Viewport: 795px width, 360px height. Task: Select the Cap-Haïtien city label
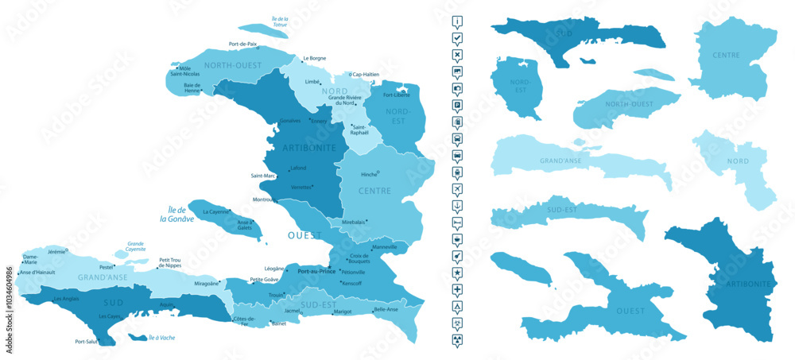click(368, 75)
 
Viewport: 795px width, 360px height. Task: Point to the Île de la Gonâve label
click(172, 214)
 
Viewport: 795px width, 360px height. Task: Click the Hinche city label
click(368, 173)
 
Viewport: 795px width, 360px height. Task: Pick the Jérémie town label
click(56, 252)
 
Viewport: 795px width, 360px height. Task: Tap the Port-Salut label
click(86, 342)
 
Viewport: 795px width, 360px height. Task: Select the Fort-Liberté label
click(396, 95)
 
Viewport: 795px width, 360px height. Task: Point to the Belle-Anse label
click(386, 310)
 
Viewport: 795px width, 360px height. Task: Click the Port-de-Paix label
click(242, 44)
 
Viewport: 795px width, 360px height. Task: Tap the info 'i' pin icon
click(457, 21)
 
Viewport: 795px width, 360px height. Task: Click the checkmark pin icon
click(457, 38)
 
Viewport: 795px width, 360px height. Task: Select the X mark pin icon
click(457, 55)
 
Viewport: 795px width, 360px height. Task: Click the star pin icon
click(457, 273)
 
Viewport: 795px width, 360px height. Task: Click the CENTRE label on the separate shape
click(726, 56)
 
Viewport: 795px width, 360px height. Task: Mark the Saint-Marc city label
click(262, 176)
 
